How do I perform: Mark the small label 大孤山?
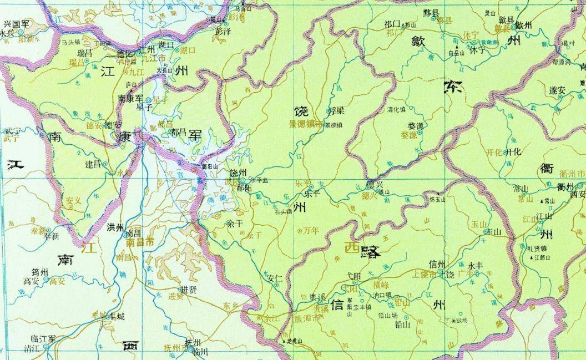tap(165, 70)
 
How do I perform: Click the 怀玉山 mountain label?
tap(437, 199)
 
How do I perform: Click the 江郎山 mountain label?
tap(542, 257)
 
